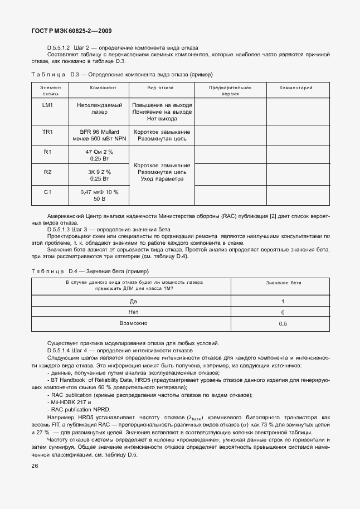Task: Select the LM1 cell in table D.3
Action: click(x=47, y=105)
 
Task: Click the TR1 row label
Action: click(x=47, y=132)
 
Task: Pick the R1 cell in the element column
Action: click(x=47, y=152)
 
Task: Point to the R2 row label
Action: click(x=47, y=172)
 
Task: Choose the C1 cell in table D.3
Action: click(x=47, y=192)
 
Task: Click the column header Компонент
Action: click(x=103, y=88)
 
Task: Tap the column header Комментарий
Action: click(x=296, y=88)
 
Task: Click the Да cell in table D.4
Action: click(x=133, y=301)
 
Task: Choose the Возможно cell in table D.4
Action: click(x=133, y=323)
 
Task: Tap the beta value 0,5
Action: click(x=283, y=323)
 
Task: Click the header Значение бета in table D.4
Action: click(x=283, y=283)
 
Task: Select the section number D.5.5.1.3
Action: click(x=62, y=230)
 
